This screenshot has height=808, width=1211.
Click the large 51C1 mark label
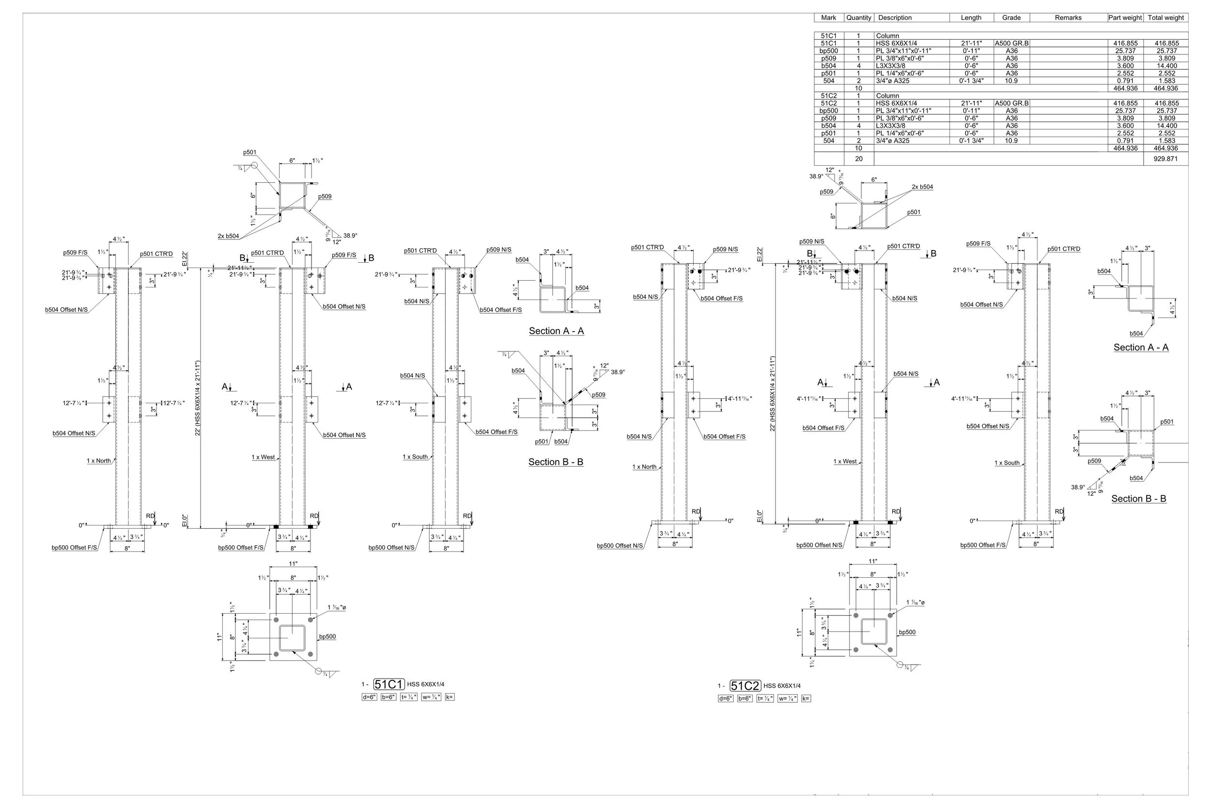(389, 684)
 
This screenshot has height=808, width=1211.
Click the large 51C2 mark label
(745, 686)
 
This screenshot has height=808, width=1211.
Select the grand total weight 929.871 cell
(1165, 158)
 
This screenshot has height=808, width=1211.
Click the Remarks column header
(1068, 17)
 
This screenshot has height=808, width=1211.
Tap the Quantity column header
(858, 17)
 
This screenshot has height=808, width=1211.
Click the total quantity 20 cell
(858, 158)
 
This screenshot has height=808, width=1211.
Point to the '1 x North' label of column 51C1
(99, 460)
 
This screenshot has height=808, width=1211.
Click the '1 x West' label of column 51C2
(845, 461)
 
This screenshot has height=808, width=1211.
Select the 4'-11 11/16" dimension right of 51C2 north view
(740, 398)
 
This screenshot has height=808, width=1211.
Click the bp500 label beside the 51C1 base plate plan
(327, 636)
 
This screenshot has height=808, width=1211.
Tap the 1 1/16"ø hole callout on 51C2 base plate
(915, 602)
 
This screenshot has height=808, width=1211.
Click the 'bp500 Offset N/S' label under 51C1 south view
(391, 547)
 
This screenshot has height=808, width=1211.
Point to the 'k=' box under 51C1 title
(450, 697)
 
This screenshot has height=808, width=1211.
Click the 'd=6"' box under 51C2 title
(725, 699)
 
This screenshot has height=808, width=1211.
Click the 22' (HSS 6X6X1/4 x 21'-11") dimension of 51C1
(198, 398)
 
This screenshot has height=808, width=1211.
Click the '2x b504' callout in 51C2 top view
(922, 187)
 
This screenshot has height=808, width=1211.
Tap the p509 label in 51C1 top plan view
(325, 196)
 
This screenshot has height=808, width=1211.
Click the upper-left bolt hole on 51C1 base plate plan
(277, 619)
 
